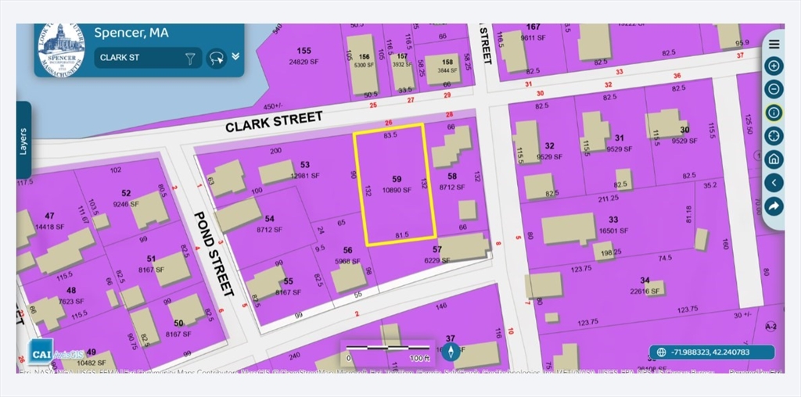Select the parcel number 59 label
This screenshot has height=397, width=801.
[396, 178]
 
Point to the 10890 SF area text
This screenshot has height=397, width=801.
[396, 190]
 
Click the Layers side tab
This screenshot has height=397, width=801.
[23, 141]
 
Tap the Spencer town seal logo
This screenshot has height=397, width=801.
[62, 48]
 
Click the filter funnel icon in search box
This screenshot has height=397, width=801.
[189, 58]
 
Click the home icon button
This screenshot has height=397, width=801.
[774, 159]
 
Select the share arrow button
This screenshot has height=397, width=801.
[774, 206]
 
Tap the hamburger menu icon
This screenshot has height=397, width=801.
[774, 44]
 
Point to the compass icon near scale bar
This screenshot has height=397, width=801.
[450, 352]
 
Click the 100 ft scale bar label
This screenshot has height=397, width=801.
[420, 359]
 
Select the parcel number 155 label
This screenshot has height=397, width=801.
[304, 51]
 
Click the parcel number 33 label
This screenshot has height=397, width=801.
[612, 220]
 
